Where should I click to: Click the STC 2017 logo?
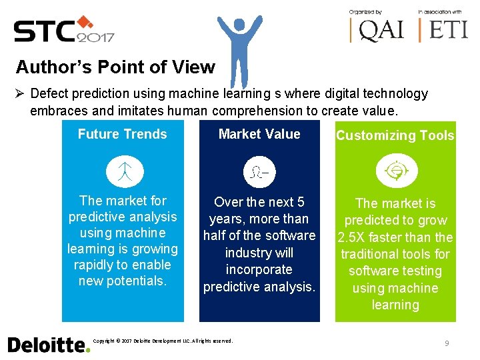pyautogui.click(x=64, y=29)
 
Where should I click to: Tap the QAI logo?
pyautogui.click(x=377, y=30)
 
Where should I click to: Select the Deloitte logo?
pyautogui.click(x=48, y=344)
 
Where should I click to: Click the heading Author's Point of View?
pyautogui.click(x=115, y=67)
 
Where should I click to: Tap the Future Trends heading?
pyautogui.click(x=122, y=134)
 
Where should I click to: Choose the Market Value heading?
pyautogui.click(x=259, y=134)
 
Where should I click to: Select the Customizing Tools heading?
pyautogui.click(x=395, y=135)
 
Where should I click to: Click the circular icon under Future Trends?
pyautogui.click(x=125, y=172)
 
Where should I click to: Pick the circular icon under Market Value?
pyautogui.click(x=259, y=172)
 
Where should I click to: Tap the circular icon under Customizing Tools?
pyautogui.click(x=395, y=172)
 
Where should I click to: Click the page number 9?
pyautogui.click(x=447, y=343)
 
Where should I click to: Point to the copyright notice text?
pyautogui.click(x=163, y=341)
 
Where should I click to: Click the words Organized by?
pyautogui.click(x=365, y=12)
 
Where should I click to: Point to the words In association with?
pyautogui.click(x=440, y=12)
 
